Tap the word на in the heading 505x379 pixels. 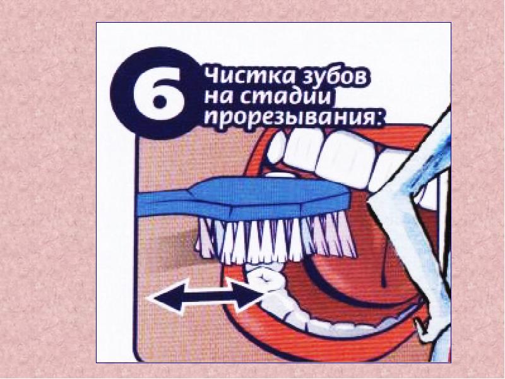[220, 97]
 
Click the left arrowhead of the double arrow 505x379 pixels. [166, 296]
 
